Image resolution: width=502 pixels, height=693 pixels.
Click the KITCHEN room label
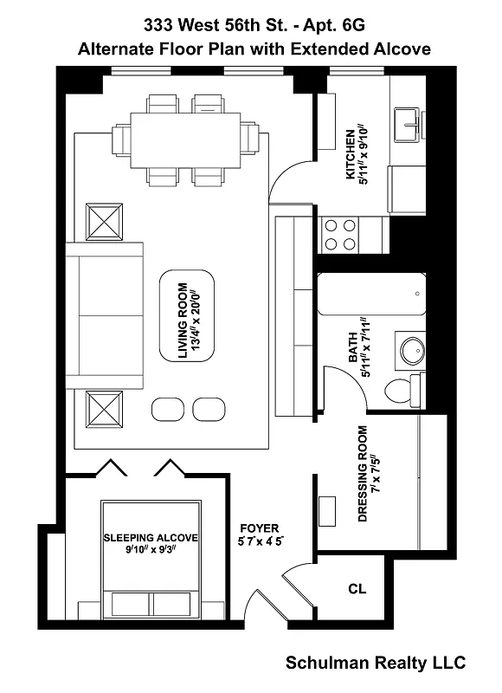coord(357,157)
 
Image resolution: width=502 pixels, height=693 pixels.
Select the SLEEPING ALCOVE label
coord(151,543)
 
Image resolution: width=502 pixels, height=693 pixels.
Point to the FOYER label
coord(259,534)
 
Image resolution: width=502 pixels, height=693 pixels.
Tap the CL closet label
coord(357,588)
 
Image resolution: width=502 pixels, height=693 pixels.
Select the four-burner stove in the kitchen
coord(341,233)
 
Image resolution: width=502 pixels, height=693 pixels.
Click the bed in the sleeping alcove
coord(151,554)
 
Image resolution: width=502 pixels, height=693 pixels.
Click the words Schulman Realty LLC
coord(376,663)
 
